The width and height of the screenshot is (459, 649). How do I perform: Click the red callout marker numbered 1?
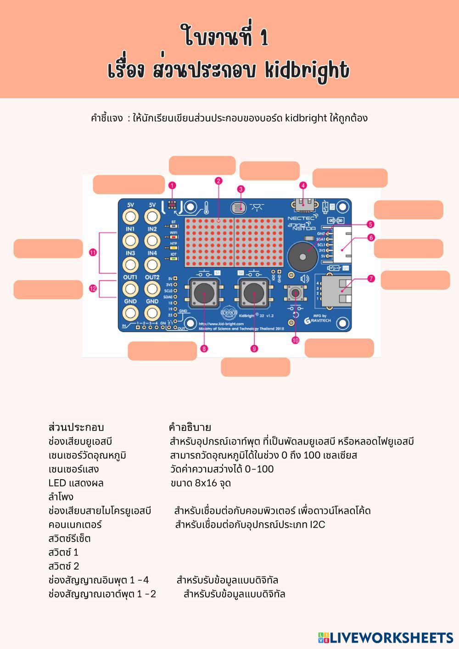172,185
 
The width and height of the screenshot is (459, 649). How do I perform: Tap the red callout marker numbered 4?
303,185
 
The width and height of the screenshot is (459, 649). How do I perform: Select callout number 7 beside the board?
371,279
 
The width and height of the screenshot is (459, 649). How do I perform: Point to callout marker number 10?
295,340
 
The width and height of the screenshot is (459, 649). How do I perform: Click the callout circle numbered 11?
93,252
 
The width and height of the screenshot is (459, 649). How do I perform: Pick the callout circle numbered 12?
93,289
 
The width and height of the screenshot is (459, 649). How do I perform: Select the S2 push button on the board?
253,295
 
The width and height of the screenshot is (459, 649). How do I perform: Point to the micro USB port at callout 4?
303,202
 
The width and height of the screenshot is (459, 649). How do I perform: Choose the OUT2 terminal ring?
152,289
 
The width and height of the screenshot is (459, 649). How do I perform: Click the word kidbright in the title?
307,70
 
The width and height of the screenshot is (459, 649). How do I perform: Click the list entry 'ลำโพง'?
61,497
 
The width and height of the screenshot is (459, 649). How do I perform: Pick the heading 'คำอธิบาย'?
190,427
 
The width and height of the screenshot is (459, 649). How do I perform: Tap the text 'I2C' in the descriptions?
317,524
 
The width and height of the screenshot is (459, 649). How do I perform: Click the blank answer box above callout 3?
269,171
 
